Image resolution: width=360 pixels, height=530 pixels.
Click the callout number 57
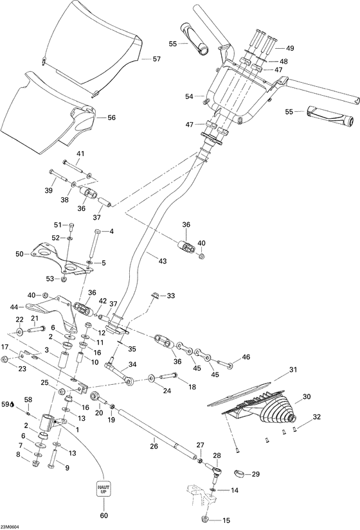point(156,59)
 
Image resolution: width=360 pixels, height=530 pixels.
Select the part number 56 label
point(111,118)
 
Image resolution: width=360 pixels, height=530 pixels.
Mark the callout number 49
point(290,48)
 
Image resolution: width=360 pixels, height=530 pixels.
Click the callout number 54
point(189,96)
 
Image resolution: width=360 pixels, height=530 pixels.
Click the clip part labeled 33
point(156,296)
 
